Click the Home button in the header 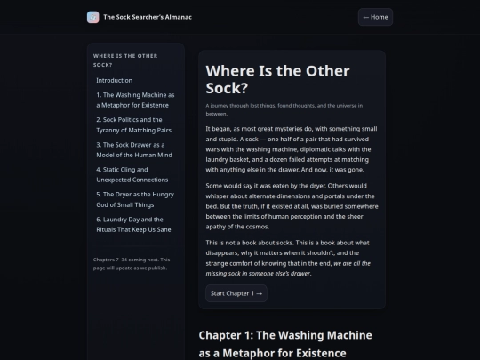tap(375, 17)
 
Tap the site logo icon tap(92, 17)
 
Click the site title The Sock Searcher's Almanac tap(148, 17)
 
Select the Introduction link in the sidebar tap(115, 80)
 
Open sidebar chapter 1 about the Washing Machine tap(135, 100)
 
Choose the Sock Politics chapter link tap(133, 125)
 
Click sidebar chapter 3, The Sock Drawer tap(134, 150)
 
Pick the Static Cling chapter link tap(132, 175)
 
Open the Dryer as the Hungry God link tap(135, 200)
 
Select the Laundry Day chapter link tap(133, 224)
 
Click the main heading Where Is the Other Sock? tap(277, 79)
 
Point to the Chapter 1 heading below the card tap(285, 344)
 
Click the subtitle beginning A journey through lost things tap(284, 109)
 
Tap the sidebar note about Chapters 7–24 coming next tap(132, 264)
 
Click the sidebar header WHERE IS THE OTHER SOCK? tap(125, 60)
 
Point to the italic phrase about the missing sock tap(288, 268)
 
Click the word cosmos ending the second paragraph tap(260, 227)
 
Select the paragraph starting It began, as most tap(292, 149)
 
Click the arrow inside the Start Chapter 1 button tap(260, 293)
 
